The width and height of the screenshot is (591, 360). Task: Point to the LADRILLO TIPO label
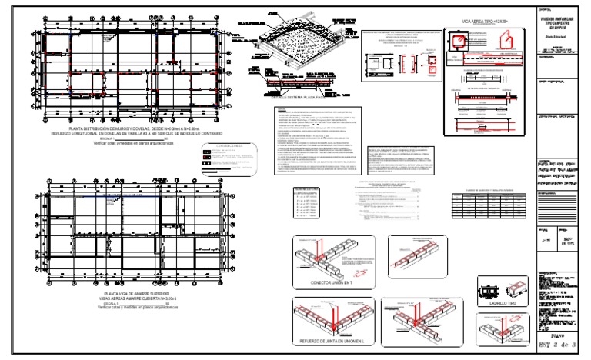tap(493, 303)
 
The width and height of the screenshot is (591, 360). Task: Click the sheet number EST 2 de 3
tap(556, 347)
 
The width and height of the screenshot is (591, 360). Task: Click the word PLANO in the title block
tap(549, 336)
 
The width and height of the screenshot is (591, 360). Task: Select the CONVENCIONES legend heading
tap(229, 146)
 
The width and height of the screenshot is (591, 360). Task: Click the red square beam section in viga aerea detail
tap(432, 67)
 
